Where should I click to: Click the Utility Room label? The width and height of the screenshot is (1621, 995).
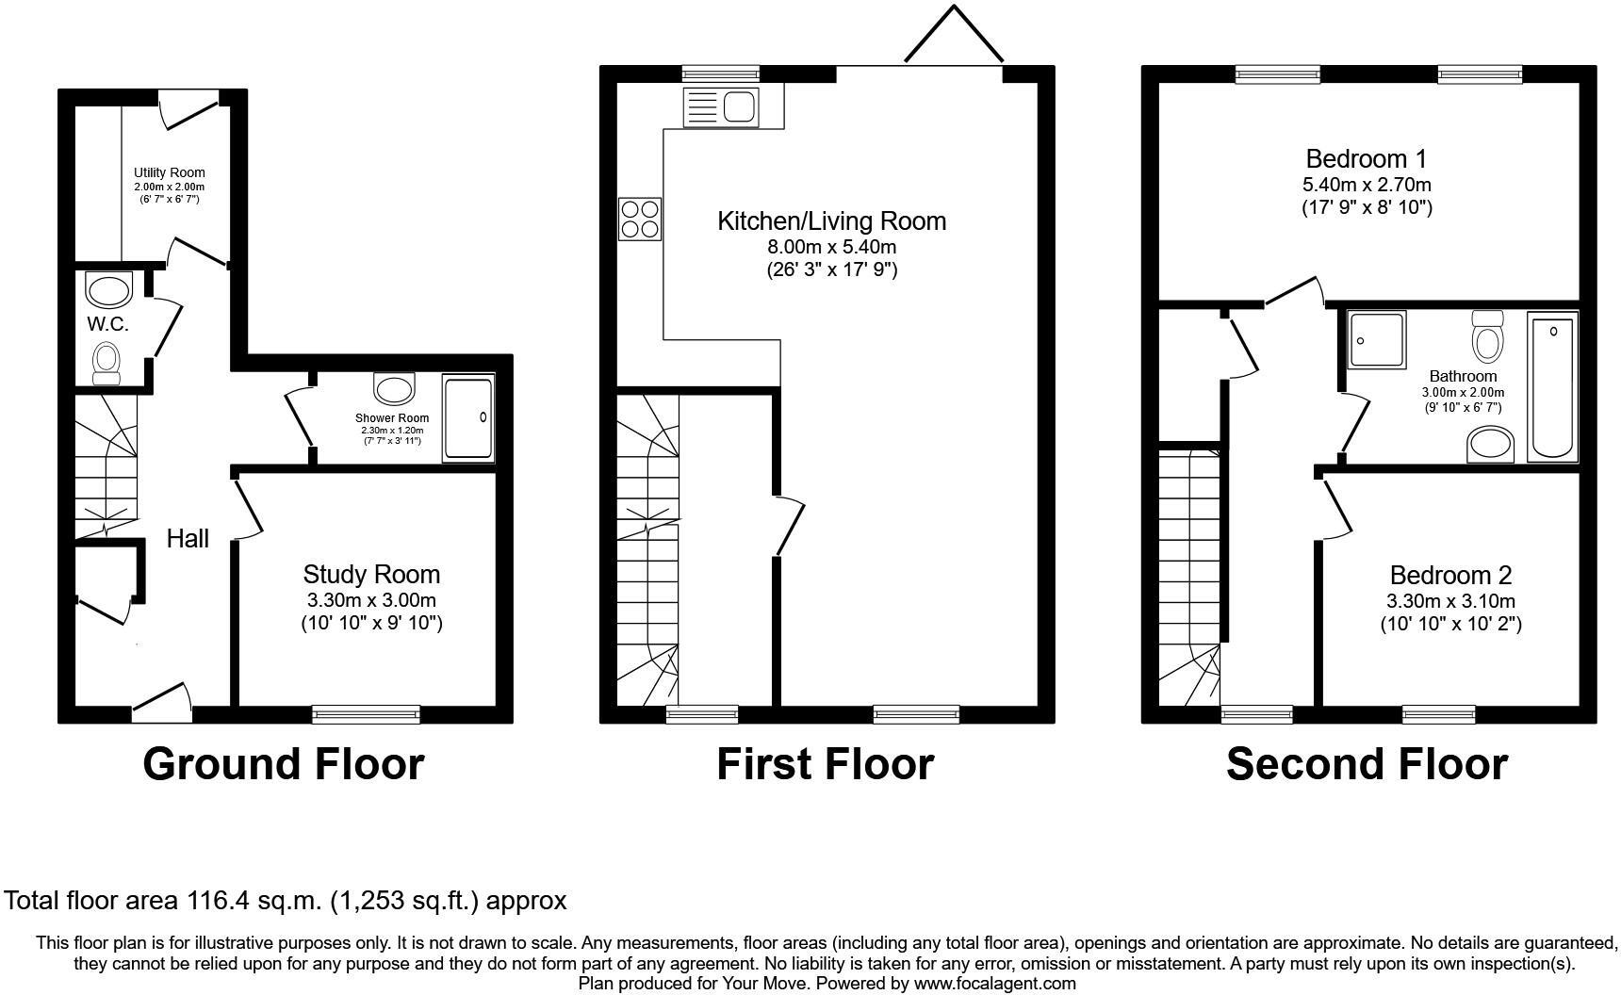click(x=169, y=172)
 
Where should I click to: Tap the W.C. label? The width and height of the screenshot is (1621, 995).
click(x=107, y=324)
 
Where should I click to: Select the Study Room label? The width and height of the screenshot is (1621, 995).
click(x=371, y=574)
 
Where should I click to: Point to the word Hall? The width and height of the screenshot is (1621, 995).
click(x=188, y=539)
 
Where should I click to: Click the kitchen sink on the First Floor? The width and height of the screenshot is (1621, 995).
click(x=722, y=107)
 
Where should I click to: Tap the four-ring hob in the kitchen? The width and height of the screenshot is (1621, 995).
click(x=640, y=219)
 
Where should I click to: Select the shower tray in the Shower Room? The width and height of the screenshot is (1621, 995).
click(x=468, y=418)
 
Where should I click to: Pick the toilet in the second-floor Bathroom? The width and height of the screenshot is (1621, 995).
click(x=1488, y=336)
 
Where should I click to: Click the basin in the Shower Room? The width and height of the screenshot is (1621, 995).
click(x=395, y=388)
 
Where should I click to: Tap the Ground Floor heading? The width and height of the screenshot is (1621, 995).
click(x=283, y=764)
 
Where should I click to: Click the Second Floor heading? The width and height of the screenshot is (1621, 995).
click(x=1367, y=764)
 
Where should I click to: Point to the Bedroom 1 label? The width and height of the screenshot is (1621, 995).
click(x=1367, y=157)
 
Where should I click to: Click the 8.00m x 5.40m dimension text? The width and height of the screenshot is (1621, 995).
click(x=832, y=247)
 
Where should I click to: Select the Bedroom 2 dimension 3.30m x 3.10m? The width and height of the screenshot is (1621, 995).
click(x=1450, y=601)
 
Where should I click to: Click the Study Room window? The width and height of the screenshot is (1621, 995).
click(x=367, y=715)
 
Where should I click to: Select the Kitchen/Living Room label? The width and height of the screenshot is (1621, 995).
click(x=831, y=220)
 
